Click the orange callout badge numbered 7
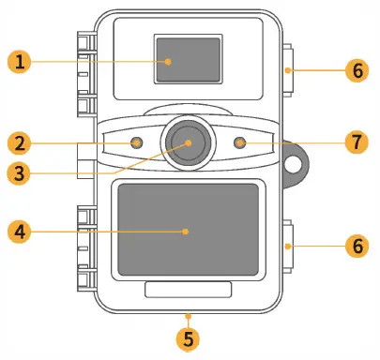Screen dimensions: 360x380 point(355,143)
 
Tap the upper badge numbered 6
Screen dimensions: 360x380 point(355,69)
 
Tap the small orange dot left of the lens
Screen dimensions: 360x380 point(137,143)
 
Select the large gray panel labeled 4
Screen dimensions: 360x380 point(188,229)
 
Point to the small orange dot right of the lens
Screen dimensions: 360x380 point(241,143)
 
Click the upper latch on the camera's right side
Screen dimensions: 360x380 point(288,70)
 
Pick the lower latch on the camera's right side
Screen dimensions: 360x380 point(288,246)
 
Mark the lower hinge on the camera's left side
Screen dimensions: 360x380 point(85,246)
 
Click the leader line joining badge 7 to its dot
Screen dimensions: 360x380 point(291,143)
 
